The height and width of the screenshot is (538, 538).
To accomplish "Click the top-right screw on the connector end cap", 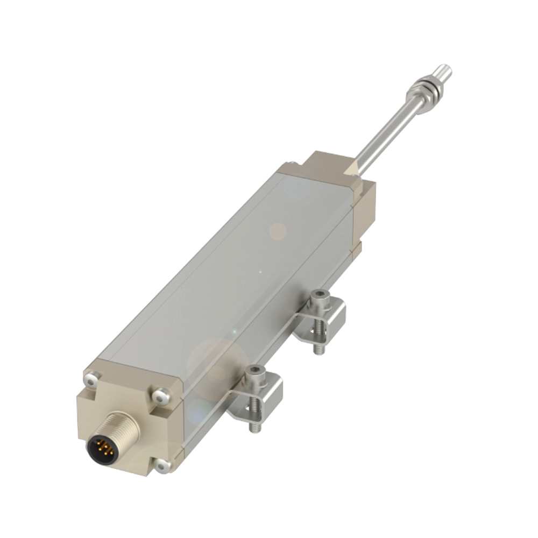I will pos(160,398).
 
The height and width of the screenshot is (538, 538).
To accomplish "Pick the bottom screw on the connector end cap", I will pos(162,466).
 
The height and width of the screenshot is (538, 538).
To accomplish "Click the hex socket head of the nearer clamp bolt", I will pos(254,371).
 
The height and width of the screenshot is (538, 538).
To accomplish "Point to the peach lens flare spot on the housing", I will pos(278,231).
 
